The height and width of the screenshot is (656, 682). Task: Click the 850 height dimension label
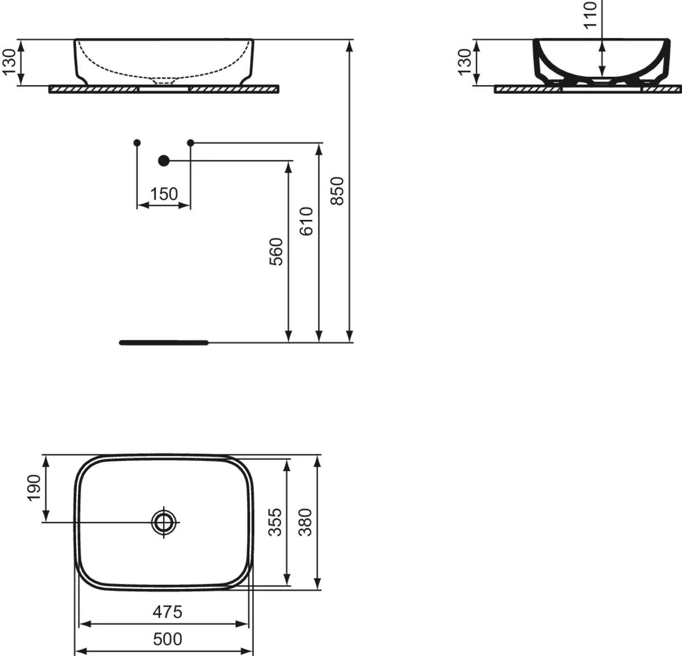(x=337, y=191)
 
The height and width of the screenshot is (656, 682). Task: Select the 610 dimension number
(x=306, y=221)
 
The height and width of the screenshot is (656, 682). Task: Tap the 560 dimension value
(x=276, y=252)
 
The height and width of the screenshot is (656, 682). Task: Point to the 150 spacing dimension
(x=164, y=194)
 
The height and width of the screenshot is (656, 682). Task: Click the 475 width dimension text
(x=168, y=612)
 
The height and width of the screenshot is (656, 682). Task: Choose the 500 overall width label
(x=168, y=639)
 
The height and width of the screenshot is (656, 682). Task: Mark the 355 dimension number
(x=275, y=522)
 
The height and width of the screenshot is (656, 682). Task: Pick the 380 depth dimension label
(x=305, y=522)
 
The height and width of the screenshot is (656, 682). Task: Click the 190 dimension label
(x=34, y=488)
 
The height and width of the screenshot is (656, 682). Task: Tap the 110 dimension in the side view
(x=590, y=15)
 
